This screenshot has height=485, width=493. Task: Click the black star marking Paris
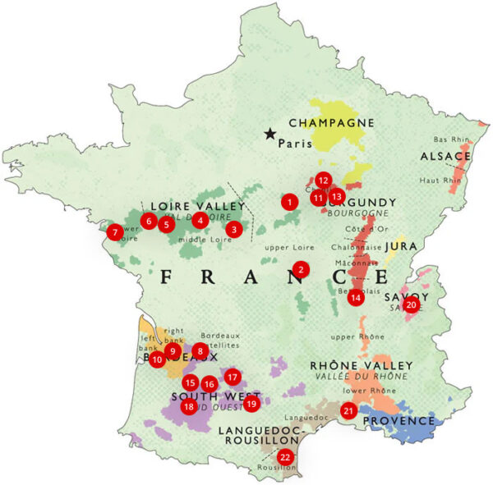coord(270,134)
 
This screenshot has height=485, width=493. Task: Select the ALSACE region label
coord(445,156)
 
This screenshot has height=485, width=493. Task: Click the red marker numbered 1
coord(288,200)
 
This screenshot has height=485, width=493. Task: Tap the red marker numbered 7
coord(115,232)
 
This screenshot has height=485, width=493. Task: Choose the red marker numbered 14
coord(355,298)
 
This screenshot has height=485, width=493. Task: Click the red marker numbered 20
coord(412,304)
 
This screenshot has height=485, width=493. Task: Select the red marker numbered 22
coord(285,457)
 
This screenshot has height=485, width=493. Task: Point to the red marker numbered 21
coord(348,411)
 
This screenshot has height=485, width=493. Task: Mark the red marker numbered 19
coord(251,403)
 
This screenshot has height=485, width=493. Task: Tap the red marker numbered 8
coord(200,350)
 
